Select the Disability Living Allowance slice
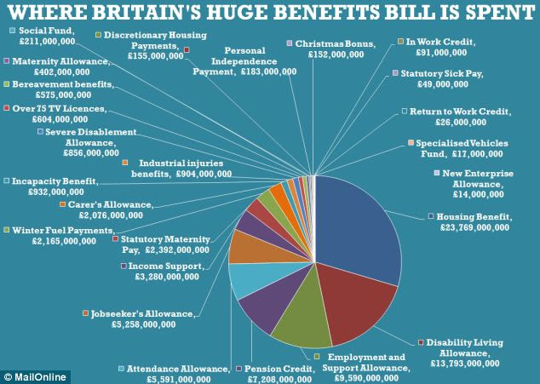tap(353, 307)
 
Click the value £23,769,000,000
tap(474, 227)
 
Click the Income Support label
tap(169, 267)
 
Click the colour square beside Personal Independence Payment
tap(187, 50)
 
